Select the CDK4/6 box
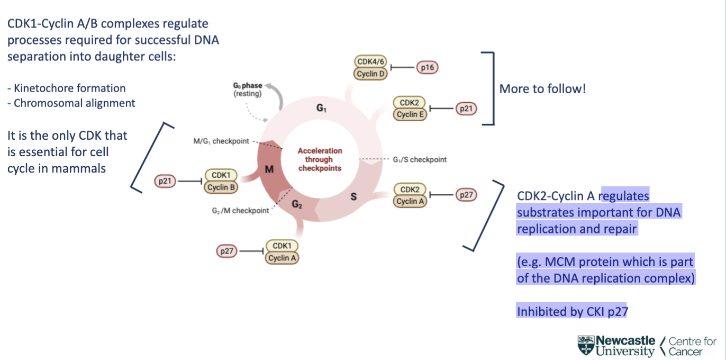click(370, 62)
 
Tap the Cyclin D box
click(370, 74)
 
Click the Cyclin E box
click(410, 114)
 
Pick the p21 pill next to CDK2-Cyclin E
click(466, 109)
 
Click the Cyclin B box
click(221, 187)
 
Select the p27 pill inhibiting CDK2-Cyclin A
click(466, 195)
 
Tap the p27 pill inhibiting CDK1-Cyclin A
click(227, 251)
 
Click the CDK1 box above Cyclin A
click(282, 246)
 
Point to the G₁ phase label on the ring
click(322, 108)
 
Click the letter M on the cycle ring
click(269, 169)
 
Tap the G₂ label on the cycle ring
click(297, 204)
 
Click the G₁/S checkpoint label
click(419, 159)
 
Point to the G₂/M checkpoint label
click(240, 211)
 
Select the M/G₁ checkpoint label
click(221, 141)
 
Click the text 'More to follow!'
click(542, 88)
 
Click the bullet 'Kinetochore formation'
click(66, 88)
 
